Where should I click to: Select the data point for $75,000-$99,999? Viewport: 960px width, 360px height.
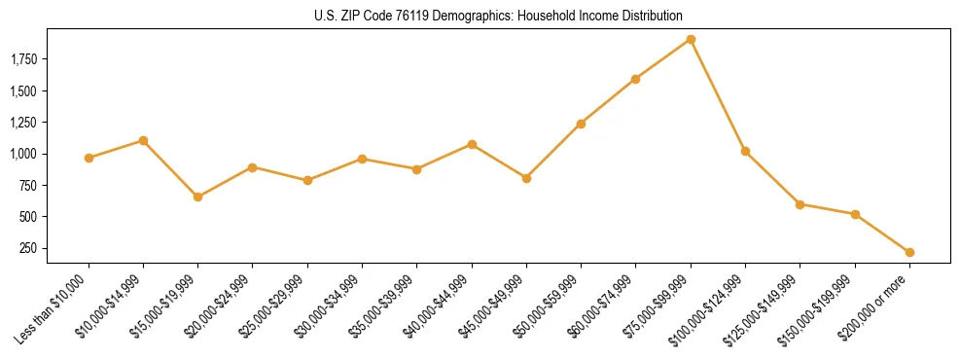click(691, 40)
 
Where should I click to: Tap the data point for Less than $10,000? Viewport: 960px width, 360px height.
click(89, 158)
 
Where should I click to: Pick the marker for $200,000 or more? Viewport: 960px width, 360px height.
click(909, 252)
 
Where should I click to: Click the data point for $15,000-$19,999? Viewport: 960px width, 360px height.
click(197, 197)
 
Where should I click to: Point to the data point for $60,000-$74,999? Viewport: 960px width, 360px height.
click(635, 79)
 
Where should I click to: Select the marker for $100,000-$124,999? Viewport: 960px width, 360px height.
click(745, 151)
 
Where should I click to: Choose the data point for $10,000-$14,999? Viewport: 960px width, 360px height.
click(143, 140)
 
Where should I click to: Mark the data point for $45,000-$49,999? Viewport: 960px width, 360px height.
click(526, 178)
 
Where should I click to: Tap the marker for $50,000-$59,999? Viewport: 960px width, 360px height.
click(581, 124)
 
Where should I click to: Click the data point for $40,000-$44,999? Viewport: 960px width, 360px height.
click(472, 144)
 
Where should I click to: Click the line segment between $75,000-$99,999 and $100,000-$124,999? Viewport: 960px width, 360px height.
click(718, 95)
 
